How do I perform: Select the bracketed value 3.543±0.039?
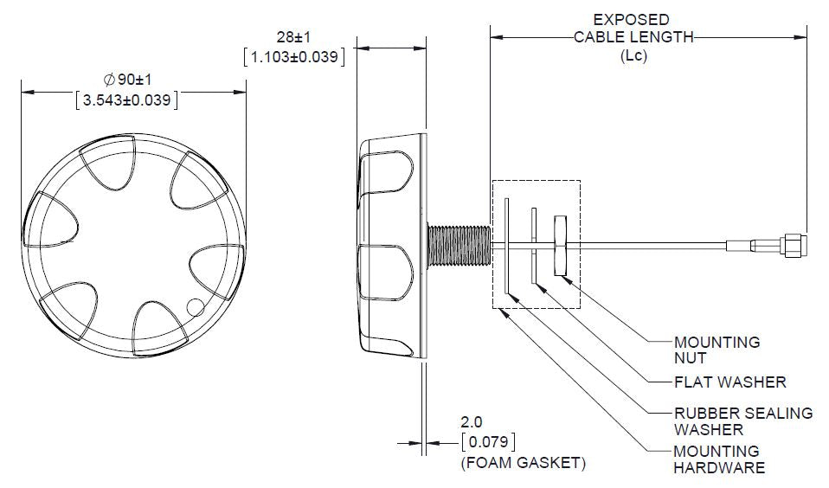(127, 100)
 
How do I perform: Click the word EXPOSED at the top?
(631, 19)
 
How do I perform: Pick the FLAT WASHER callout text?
(729, 382)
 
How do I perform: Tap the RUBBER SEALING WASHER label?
(742, 421)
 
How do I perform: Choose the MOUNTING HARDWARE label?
(719, 459)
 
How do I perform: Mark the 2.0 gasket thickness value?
(472, 422)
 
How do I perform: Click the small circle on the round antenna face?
(196, 306)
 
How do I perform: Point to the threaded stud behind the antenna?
(459, 244)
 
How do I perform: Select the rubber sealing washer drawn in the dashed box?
(505, 244)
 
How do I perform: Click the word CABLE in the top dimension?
(600, 37)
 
